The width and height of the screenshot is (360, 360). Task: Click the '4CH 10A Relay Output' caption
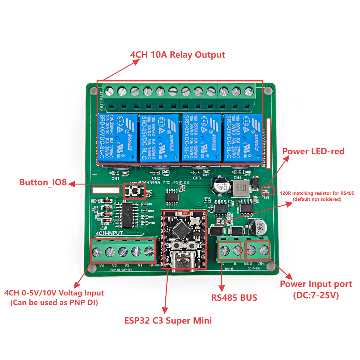point(177,55)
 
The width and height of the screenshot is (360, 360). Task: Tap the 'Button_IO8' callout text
point(43,182)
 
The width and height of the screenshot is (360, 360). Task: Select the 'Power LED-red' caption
point(313,151)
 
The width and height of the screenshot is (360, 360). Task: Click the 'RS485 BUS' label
point(234,298)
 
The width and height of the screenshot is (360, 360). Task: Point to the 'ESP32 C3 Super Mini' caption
point(168,320)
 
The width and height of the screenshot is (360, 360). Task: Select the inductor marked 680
point(241,188)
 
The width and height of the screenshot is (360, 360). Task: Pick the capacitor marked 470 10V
point(221,186)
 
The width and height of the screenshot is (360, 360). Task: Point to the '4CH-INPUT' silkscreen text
point(109,233)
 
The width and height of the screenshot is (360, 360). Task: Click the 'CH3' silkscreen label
point(196,178)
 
